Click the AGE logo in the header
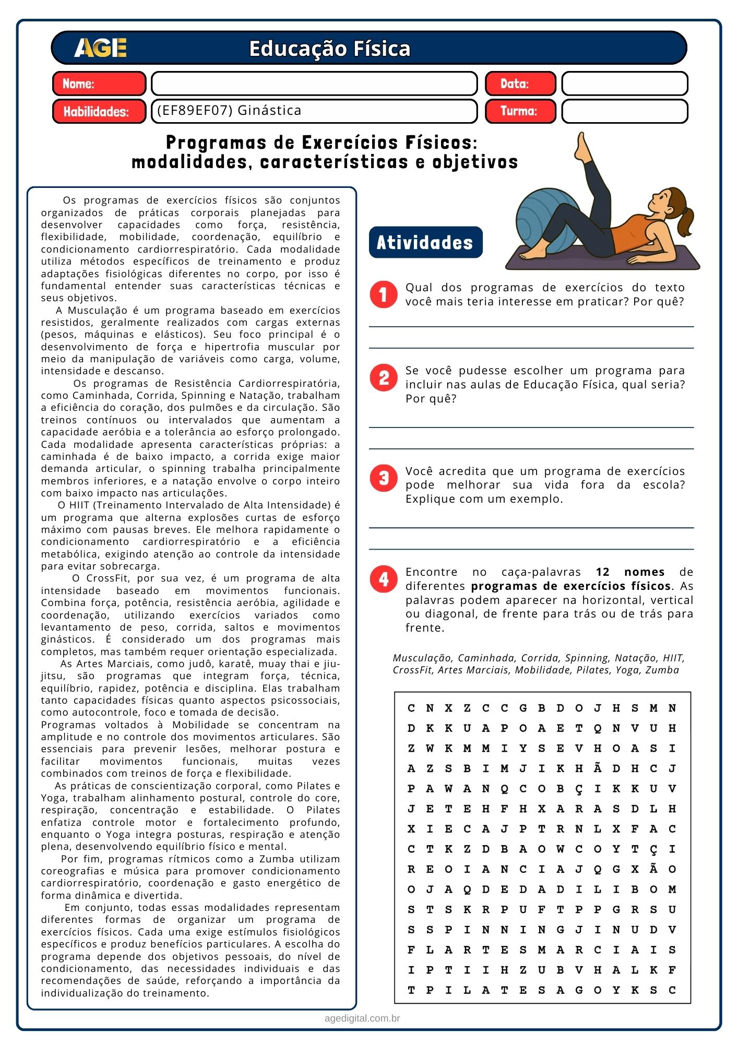[x=100, y=48]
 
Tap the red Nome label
[x=99, y=84]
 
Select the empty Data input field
[x=624, y=84]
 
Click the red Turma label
[x=520, y=111]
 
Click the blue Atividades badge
[x=425, y=242]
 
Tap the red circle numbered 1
[x=384, y=295]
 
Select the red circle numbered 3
[x=384, y=478]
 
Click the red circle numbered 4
[x=384, y=579]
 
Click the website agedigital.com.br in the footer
[x=362, y=1018]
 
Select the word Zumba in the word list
[x=662, y=670]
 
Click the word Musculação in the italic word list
[x=423, y=658]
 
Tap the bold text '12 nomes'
[x=630, y=572]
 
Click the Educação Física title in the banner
[x=329, y=49]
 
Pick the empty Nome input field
[x=314, y=84]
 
